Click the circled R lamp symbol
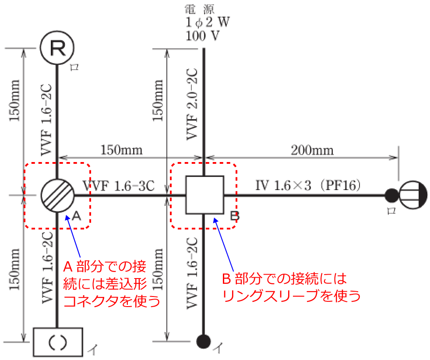click(57, 48)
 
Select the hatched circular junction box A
click(57, 195)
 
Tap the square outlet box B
click(204, 195)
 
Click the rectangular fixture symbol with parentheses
click(58, 342)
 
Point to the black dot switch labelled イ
click(204, 342)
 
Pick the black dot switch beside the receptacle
click(392, 195)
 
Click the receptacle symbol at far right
click(413, 195)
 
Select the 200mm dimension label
click(312, 151)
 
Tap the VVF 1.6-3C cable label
click(119, 186)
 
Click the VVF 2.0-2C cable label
click(192, 104)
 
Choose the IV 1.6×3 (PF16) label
click(308, 186)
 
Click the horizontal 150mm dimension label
click(121, 150)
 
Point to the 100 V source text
click(203, 35)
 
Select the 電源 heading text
click(199, 10)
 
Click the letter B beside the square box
click(235, 216)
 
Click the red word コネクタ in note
click(91, 301)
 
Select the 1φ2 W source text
click(207, 22)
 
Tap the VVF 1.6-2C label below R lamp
click(46, 120)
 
